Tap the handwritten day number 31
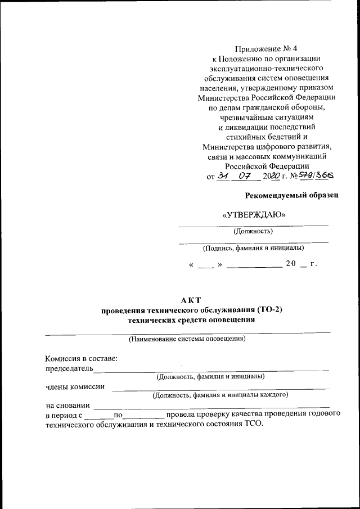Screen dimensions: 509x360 coord(223,175)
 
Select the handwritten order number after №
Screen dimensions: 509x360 coord(316,175)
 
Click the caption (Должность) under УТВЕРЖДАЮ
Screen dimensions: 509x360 coord(253,231)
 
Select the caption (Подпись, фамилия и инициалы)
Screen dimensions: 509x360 coord(253,247)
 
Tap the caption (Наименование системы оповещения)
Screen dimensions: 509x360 coord(187,339)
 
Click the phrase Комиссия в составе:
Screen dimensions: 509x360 coord(81,358)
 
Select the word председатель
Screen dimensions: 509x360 coord(68,368)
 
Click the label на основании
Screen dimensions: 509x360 coord(67,405)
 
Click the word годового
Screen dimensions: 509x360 coord(324,415)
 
